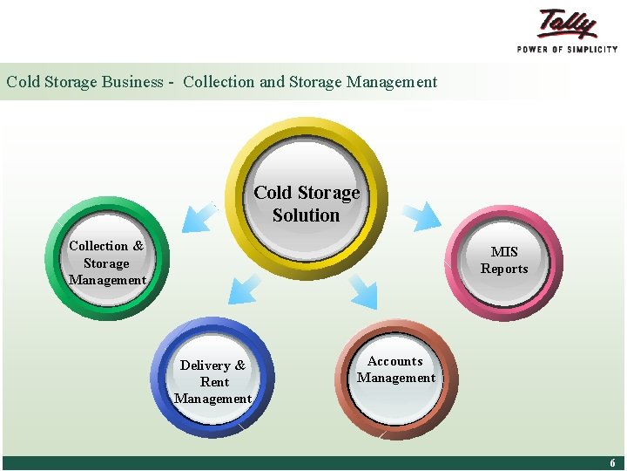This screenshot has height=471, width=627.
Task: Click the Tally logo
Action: tap(568, 24)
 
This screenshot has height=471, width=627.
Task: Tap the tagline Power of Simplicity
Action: tap(567, 50)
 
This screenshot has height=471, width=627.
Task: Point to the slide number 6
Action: tap(612, 463)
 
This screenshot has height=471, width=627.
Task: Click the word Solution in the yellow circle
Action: tap(306, 215)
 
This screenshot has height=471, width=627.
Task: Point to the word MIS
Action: tap(504, 252)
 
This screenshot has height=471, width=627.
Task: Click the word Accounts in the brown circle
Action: tap(395, 361)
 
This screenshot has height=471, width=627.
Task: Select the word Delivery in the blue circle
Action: tap(206, 365)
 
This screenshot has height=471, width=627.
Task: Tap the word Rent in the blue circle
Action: tap(214, 382)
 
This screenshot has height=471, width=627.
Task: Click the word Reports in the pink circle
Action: tap(504, 269)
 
